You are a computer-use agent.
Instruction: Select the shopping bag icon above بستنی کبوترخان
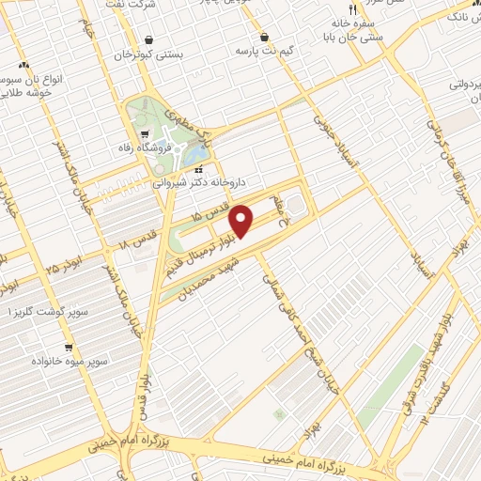tap(150, 39)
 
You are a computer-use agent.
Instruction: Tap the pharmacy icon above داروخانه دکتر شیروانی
tap(198, 170)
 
